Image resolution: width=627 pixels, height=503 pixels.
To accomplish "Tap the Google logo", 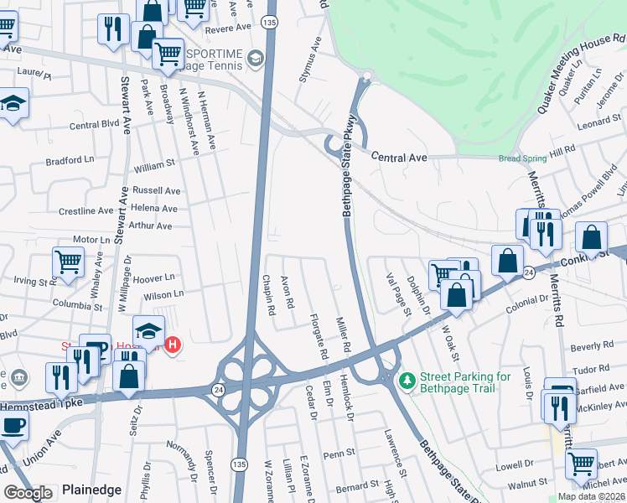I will tap(28, 493).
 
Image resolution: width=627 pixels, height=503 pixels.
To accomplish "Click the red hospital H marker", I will tap(173, 345).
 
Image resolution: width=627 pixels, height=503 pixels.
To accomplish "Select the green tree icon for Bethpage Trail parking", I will tap(407, 381).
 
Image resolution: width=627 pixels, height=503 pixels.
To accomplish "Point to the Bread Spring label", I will tap(521, 158).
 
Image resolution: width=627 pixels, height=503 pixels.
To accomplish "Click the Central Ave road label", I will tap(399, 157).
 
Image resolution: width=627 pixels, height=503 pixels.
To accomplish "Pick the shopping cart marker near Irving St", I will tap(68, 262).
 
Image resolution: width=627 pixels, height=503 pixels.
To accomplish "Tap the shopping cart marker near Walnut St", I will tap(580, 464).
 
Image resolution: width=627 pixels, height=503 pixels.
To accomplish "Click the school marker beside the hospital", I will tap(148, 330).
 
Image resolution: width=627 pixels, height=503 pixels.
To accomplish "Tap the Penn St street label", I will tap(340, 454).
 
